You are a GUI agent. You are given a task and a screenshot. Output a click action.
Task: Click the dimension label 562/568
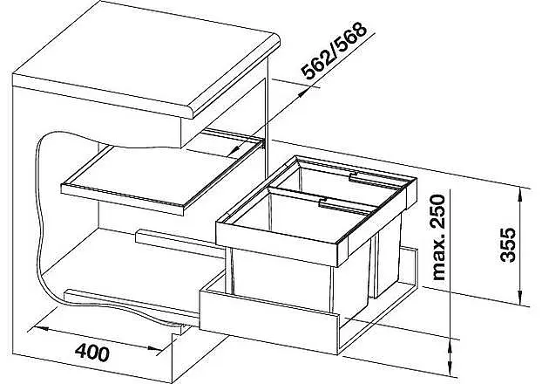tap(334, 51)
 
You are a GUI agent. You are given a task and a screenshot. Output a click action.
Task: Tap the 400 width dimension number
tap(92, 353)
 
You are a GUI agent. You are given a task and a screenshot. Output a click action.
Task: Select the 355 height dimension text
tap(508, 244)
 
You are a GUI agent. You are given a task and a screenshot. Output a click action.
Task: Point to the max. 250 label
tap(438, 237)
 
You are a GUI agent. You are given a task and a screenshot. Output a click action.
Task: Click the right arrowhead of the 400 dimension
tap(154, 348)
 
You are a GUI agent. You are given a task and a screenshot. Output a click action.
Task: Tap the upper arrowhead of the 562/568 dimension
tap(301, 93)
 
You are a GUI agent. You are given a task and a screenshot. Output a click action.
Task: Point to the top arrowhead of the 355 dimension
tap(519, 195)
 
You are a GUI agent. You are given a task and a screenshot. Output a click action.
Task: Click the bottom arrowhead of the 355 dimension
tap(519, 297)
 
